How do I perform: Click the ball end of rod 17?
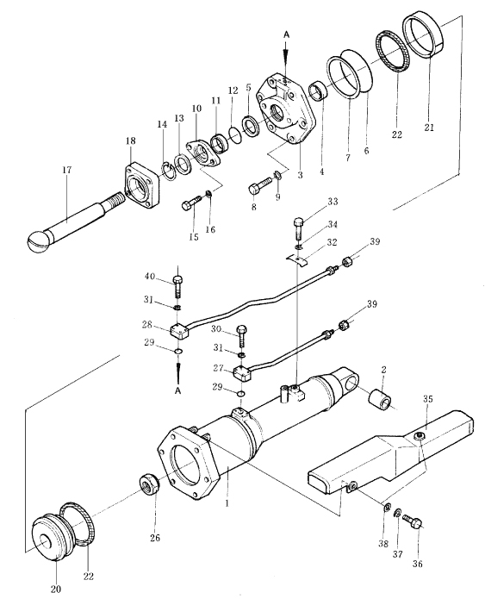(x=40, y=240)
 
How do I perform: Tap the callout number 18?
(x=131, y=141)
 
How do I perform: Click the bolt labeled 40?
(x=178, y=286)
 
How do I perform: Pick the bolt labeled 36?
(x=411, y=521)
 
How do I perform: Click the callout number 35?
(x=428, y=399)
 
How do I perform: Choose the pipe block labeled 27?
(x=242, y=372)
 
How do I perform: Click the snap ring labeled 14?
(x=167, y=171)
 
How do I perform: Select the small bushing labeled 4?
(x=318, y=90)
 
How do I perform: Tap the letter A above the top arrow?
(x=286, y=34)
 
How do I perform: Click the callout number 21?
(x=429, y=128)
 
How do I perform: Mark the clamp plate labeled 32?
(x=298, y=260)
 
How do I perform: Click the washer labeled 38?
(x=387, y=507)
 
